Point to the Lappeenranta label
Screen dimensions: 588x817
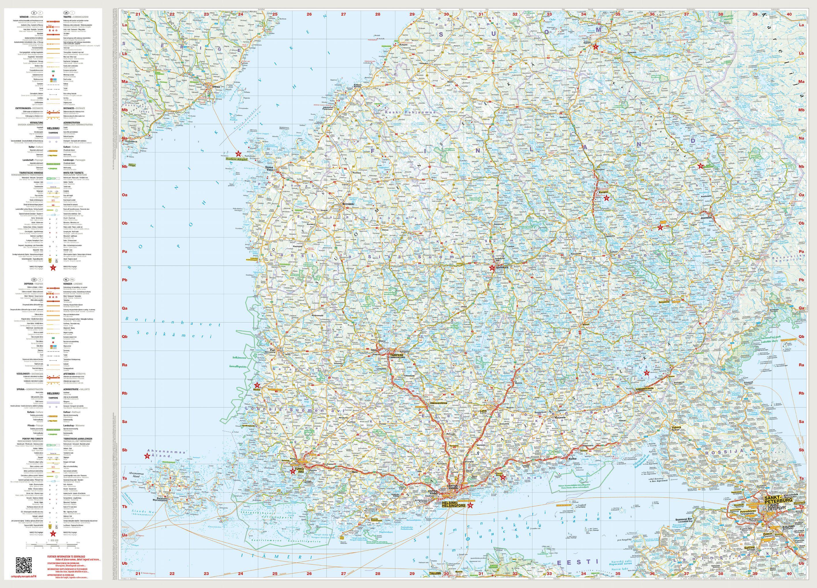pos(645,389)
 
